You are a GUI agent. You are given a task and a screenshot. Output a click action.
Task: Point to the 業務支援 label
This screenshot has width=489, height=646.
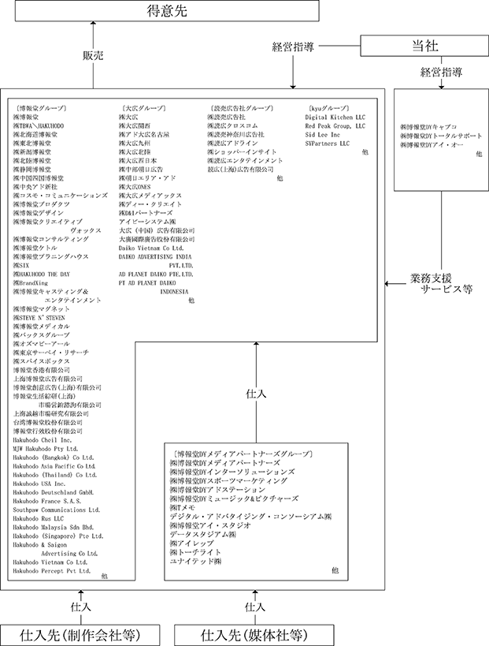pyautogui.click(x=432, y=278)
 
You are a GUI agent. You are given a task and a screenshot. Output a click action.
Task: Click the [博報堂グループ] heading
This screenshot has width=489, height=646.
pyautogui.click(x=40, y=107)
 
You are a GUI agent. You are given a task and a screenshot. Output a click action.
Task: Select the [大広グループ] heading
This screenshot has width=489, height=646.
pyautogui.click(x=143, y=107)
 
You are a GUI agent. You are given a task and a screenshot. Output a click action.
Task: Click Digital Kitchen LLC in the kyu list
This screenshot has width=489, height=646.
pyautogui.click(x=336, y=117)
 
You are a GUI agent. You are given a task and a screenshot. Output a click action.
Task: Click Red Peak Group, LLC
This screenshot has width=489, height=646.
pyautogui.click(x=335, y=125)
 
